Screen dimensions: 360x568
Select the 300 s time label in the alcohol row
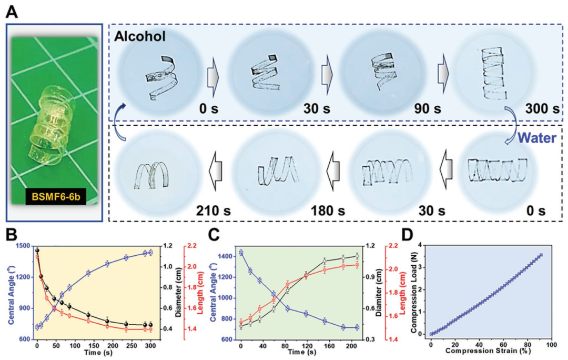pos(541,109)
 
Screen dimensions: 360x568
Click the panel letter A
pos(12,10)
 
